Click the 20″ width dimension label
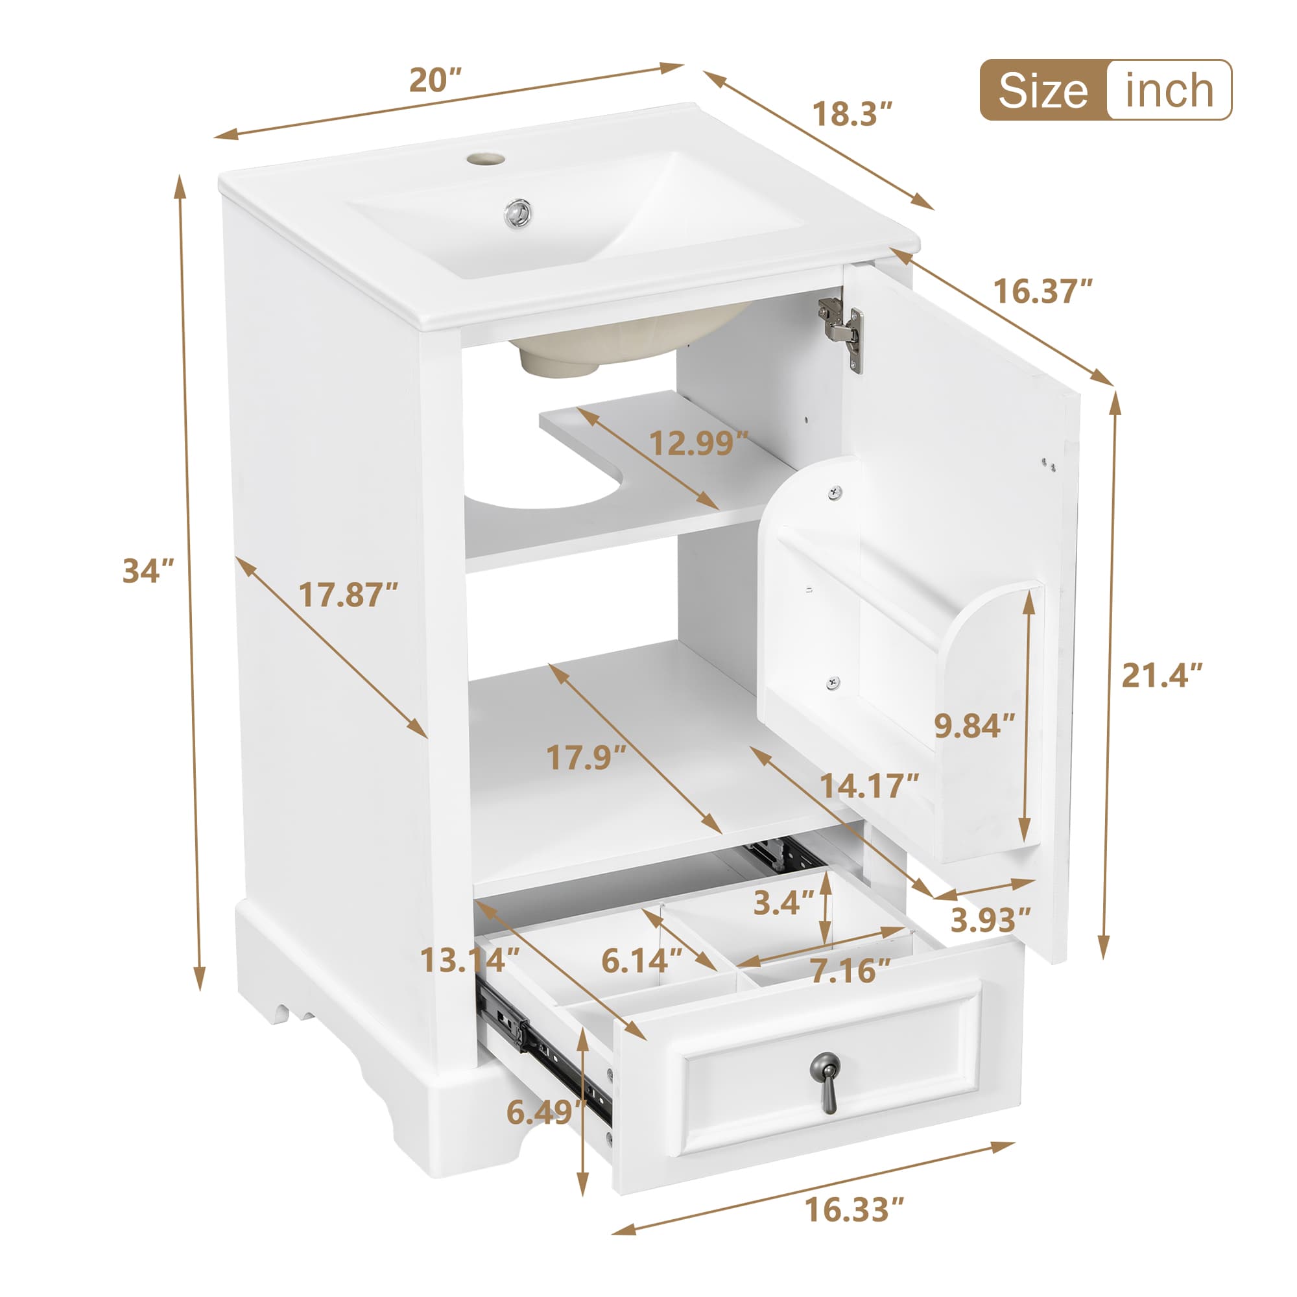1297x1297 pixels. click(x=436, y=80)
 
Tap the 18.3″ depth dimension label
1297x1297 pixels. click(x=853, y=114)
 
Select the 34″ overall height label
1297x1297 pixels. click(x=149, y=571)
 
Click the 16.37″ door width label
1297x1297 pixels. click(x=1043, y=291)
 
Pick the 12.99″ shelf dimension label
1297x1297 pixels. click(x=698, y=443)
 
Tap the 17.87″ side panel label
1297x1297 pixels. click(x=348, y=595)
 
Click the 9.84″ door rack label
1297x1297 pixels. click(x=975, y=725)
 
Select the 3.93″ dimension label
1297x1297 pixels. click(x=990, y=920)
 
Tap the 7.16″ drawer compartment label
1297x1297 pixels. click(x=850, y=971)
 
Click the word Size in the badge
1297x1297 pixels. click(x=1043, y=91)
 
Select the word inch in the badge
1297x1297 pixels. click(x=1169, y=91)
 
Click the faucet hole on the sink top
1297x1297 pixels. click(x=485, y=160)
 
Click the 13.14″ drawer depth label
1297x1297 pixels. click(x=470, y=960)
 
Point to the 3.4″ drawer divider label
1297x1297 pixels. click(x=783, y=903)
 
